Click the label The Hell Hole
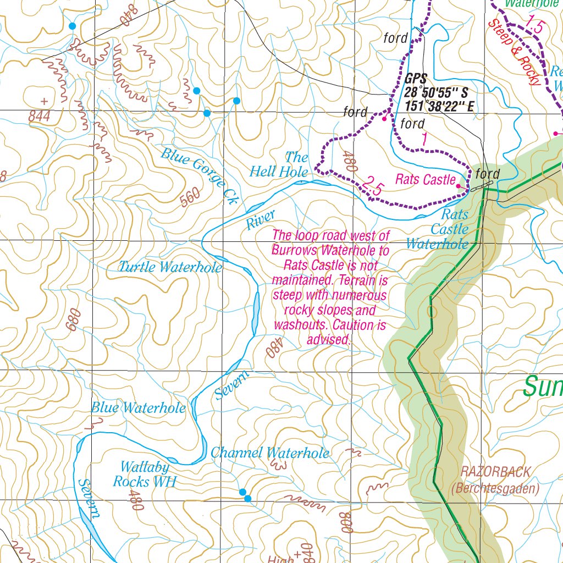279,164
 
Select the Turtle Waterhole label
171,267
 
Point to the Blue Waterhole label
138,408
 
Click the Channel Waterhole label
270,453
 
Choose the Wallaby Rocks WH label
144,474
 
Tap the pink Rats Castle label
425,179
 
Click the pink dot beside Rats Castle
459,186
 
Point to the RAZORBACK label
495,472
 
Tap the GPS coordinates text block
438,92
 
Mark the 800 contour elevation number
346,522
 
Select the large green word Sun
542,386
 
